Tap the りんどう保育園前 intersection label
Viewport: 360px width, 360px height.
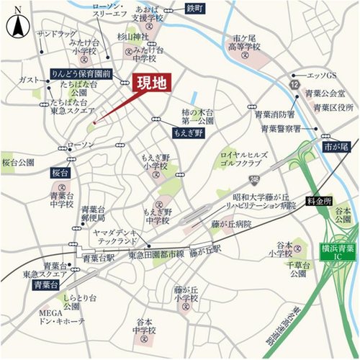click(x=81, y=73)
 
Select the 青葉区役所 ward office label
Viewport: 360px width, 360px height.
click(x=334, y=107)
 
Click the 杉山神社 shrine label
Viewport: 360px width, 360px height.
click(x=133, y=35)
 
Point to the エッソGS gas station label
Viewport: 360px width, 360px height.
click(x=322, y=75)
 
